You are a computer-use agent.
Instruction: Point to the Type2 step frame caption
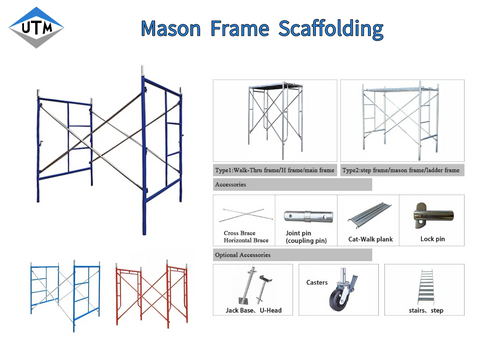coord(402,171)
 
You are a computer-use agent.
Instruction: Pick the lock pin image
coord(432,213)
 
